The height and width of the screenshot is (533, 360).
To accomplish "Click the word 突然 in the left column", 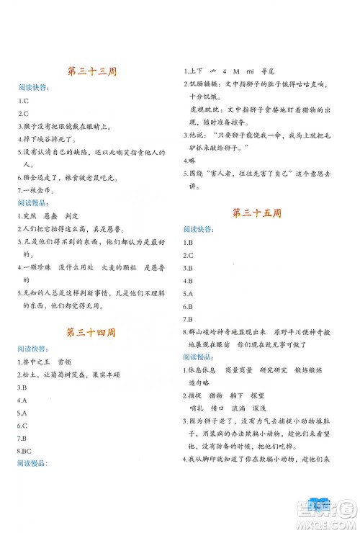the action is tap(33, 217).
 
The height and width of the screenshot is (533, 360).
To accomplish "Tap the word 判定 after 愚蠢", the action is tap(86, 217).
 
